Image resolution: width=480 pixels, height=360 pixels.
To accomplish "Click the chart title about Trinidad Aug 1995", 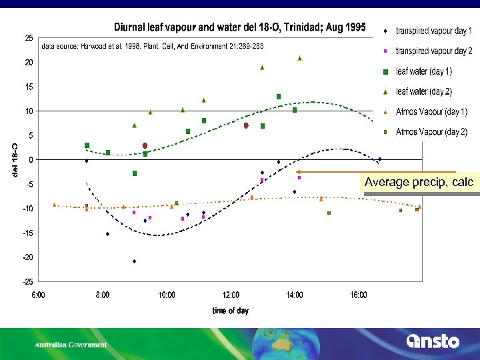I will coord(239,27).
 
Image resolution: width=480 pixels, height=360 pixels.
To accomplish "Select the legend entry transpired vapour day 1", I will coord(433,31).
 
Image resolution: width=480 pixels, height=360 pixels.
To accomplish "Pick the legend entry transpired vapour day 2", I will coord(433,51).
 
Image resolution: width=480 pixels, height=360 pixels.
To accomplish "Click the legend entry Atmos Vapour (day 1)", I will coord(431,111).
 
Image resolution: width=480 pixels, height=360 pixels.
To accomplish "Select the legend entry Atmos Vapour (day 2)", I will coord(431,132).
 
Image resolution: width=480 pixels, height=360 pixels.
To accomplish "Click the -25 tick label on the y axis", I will coord(28,281).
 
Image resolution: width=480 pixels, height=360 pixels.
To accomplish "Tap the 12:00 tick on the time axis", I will coord(231,295).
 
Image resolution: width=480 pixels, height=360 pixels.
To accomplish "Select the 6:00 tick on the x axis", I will coord(38,295).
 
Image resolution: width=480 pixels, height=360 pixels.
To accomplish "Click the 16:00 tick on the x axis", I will coord(359,295).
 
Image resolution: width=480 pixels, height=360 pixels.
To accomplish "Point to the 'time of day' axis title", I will coord(230,311).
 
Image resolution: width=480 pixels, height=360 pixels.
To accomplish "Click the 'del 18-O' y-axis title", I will coord(15,160).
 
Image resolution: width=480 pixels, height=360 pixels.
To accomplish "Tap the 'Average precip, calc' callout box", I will coord(418,182).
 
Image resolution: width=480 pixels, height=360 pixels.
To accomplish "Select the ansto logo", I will coord(433,341).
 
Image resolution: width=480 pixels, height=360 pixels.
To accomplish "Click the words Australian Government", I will coord(71,345).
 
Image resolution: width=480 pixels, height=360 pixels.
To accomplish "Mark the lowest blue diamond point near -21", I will coord(134,261).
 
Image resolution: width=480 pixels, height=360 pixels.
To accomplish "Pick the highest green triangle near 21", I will coord(299,58).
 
